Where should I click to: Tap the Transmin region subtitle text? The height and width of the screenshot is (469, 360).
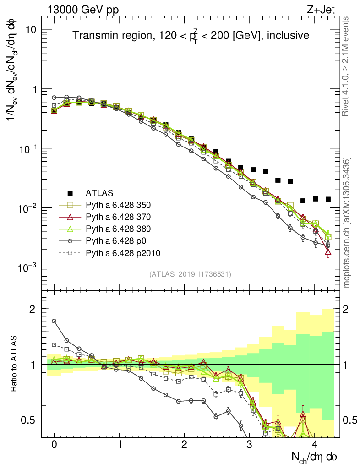point(191,35)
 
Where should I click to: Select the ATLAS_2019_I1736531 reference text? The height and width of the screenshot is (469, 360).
point(190,274)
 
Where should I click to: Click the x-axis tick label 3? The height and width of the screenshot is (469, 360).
point(249,445)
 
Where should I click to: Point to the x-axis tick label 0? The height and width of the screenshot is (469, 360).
point(54,445)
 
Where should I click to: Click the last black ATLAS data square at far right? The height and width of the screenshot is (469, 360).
point(328,199)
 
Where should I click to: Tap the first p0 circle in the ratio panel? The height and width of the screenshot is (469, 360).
point(54,321)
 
